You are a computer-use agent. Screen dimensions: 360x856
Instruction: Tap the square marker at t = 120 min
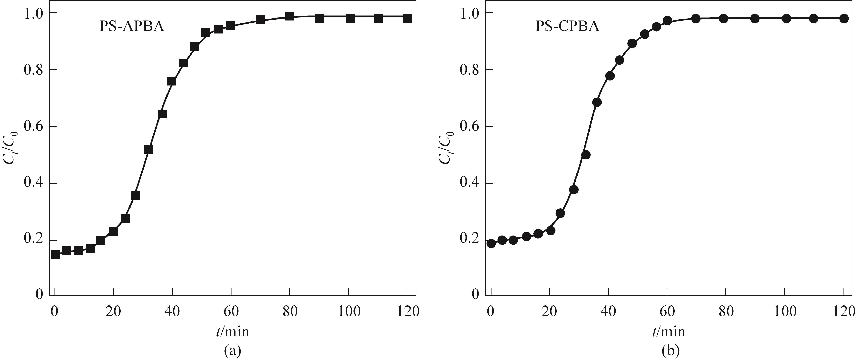(407, 18)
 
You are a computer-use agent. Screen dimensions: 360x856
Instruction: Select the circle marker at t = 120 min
(843, 19)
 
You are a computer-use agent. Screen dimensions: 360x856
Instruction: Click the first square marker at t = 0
(55, 255)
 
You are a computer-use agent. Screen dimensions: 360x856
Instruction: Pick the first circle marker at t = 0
(491, 243)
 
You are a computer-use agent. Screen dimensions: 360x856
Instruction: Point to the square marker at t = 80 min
(290, 16)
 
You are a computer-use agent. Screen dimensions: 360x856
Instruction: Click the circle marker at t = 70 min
(696, 19)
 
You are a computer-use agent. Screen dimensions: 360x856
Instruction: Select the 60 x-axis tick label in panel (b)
(667, 312)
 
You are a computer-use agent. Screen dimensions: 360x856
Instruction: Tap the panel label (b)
(668, 350)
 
